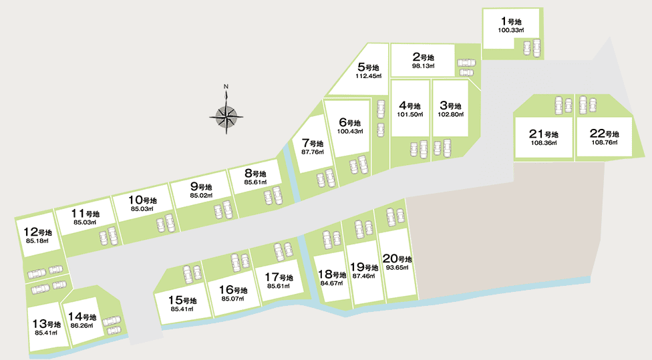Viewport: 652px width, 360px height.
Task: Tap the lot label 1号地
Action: click(x=511, y=22)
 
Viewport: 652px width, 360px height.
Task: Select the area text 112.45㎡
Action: click(x=369, y=75)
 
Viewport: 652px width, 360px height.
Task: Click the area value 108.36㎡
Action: click(x=544, y=143)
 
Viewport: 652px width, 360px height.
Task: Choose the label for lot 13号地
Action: click(x=47, y=324)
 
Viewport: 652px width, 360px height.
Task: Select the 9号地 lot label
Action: click(x=200, y=187)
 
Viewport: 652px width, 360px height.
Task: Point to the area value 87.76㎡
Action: click(x=313, y=152)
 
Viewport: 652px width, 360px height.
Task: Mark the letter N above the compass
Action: click(x=226, y=86)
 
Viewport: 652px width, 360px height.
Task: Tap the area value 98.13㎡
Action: click(x=423, y=66)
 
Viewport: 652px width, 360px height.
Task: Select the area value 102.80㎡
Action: click(x=450, y=114)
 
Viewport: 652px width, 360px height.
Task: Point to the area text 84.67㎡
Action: click(x=331, y=283)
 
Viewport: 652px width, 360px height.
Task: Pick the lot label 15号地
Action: click(x=182, y=300)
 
